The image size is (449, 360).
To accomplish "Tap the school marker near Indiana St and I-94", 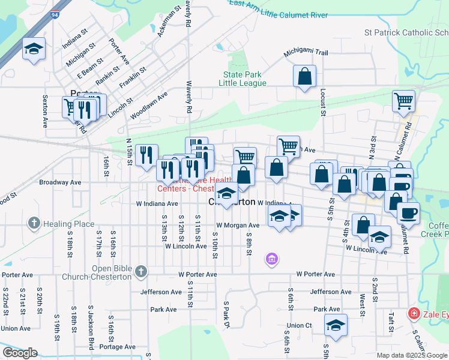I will click(34, 50).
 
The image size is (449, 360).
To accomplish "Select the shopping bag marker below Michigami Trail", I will click(305, 77).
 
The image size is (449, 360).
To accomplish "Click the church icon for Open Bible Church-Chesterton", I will click(141, 272).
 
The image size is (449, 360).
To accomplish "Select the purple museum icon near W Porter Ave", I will click(271, 259).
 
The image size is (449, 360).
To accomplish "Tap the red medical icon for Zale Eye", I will click(413, 313).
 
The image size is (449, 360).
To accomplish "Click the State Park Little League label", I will click(244, 79).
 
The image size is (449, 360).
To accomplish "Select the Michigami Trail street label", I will click(306, 53).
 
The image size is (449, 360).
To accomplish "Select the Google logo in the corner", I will click(20, 353).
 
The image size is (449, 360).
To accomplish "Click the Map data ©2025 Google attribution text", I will click(411, 355).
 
